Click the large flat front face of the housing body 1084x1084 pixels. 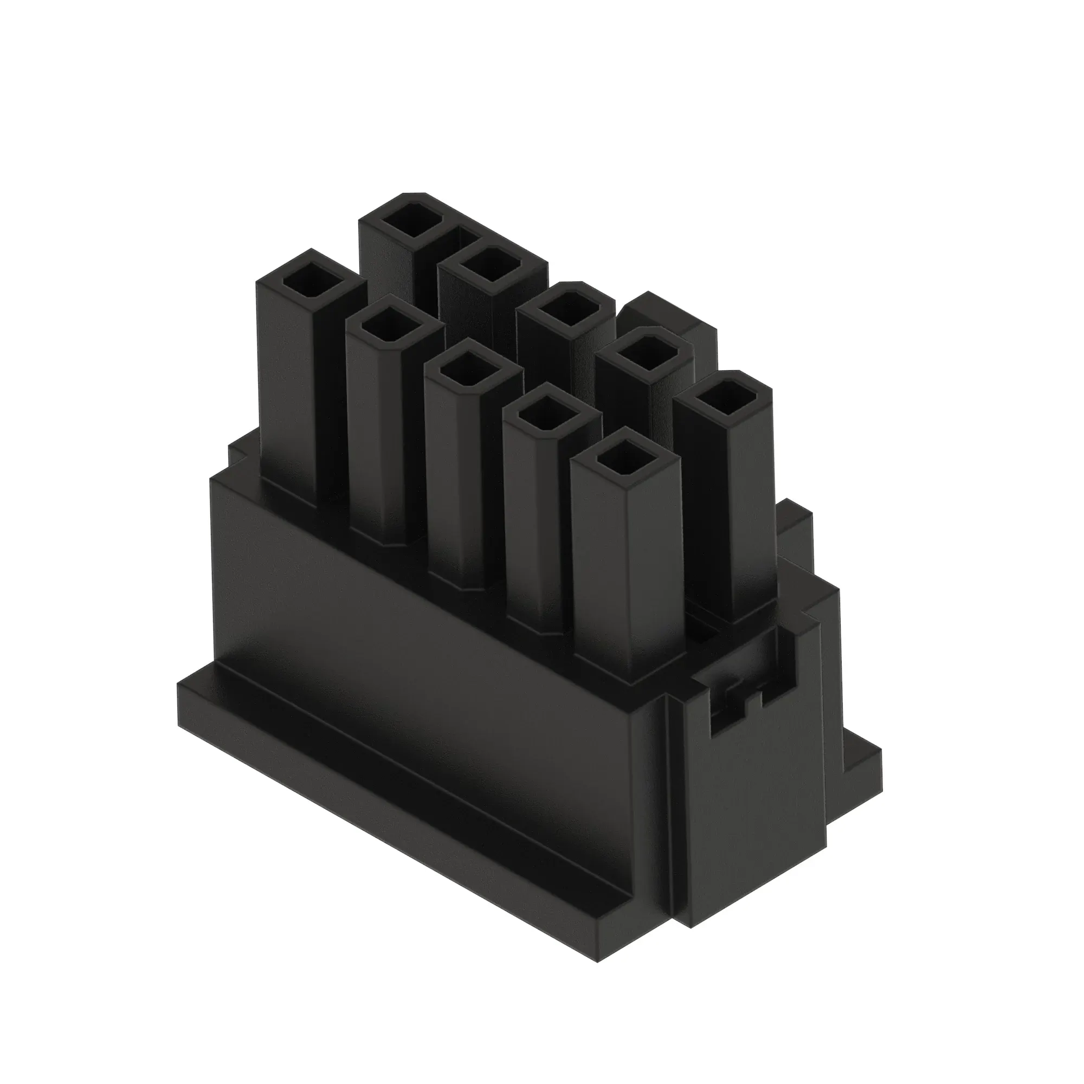pyautogui.click(x=427, y=634)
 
